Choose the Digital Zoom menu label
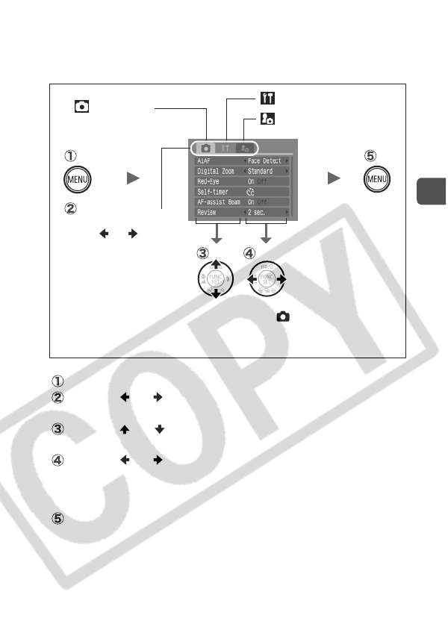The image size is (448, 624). [215, 171]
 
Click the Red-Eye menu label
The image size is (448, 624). [208, 181]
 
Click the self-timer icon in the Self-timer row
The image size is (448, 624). [250, 192]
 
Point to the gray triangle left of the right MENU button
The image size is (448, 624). [334, 180]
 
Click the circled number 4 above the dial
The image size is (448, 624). [249, 252]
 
